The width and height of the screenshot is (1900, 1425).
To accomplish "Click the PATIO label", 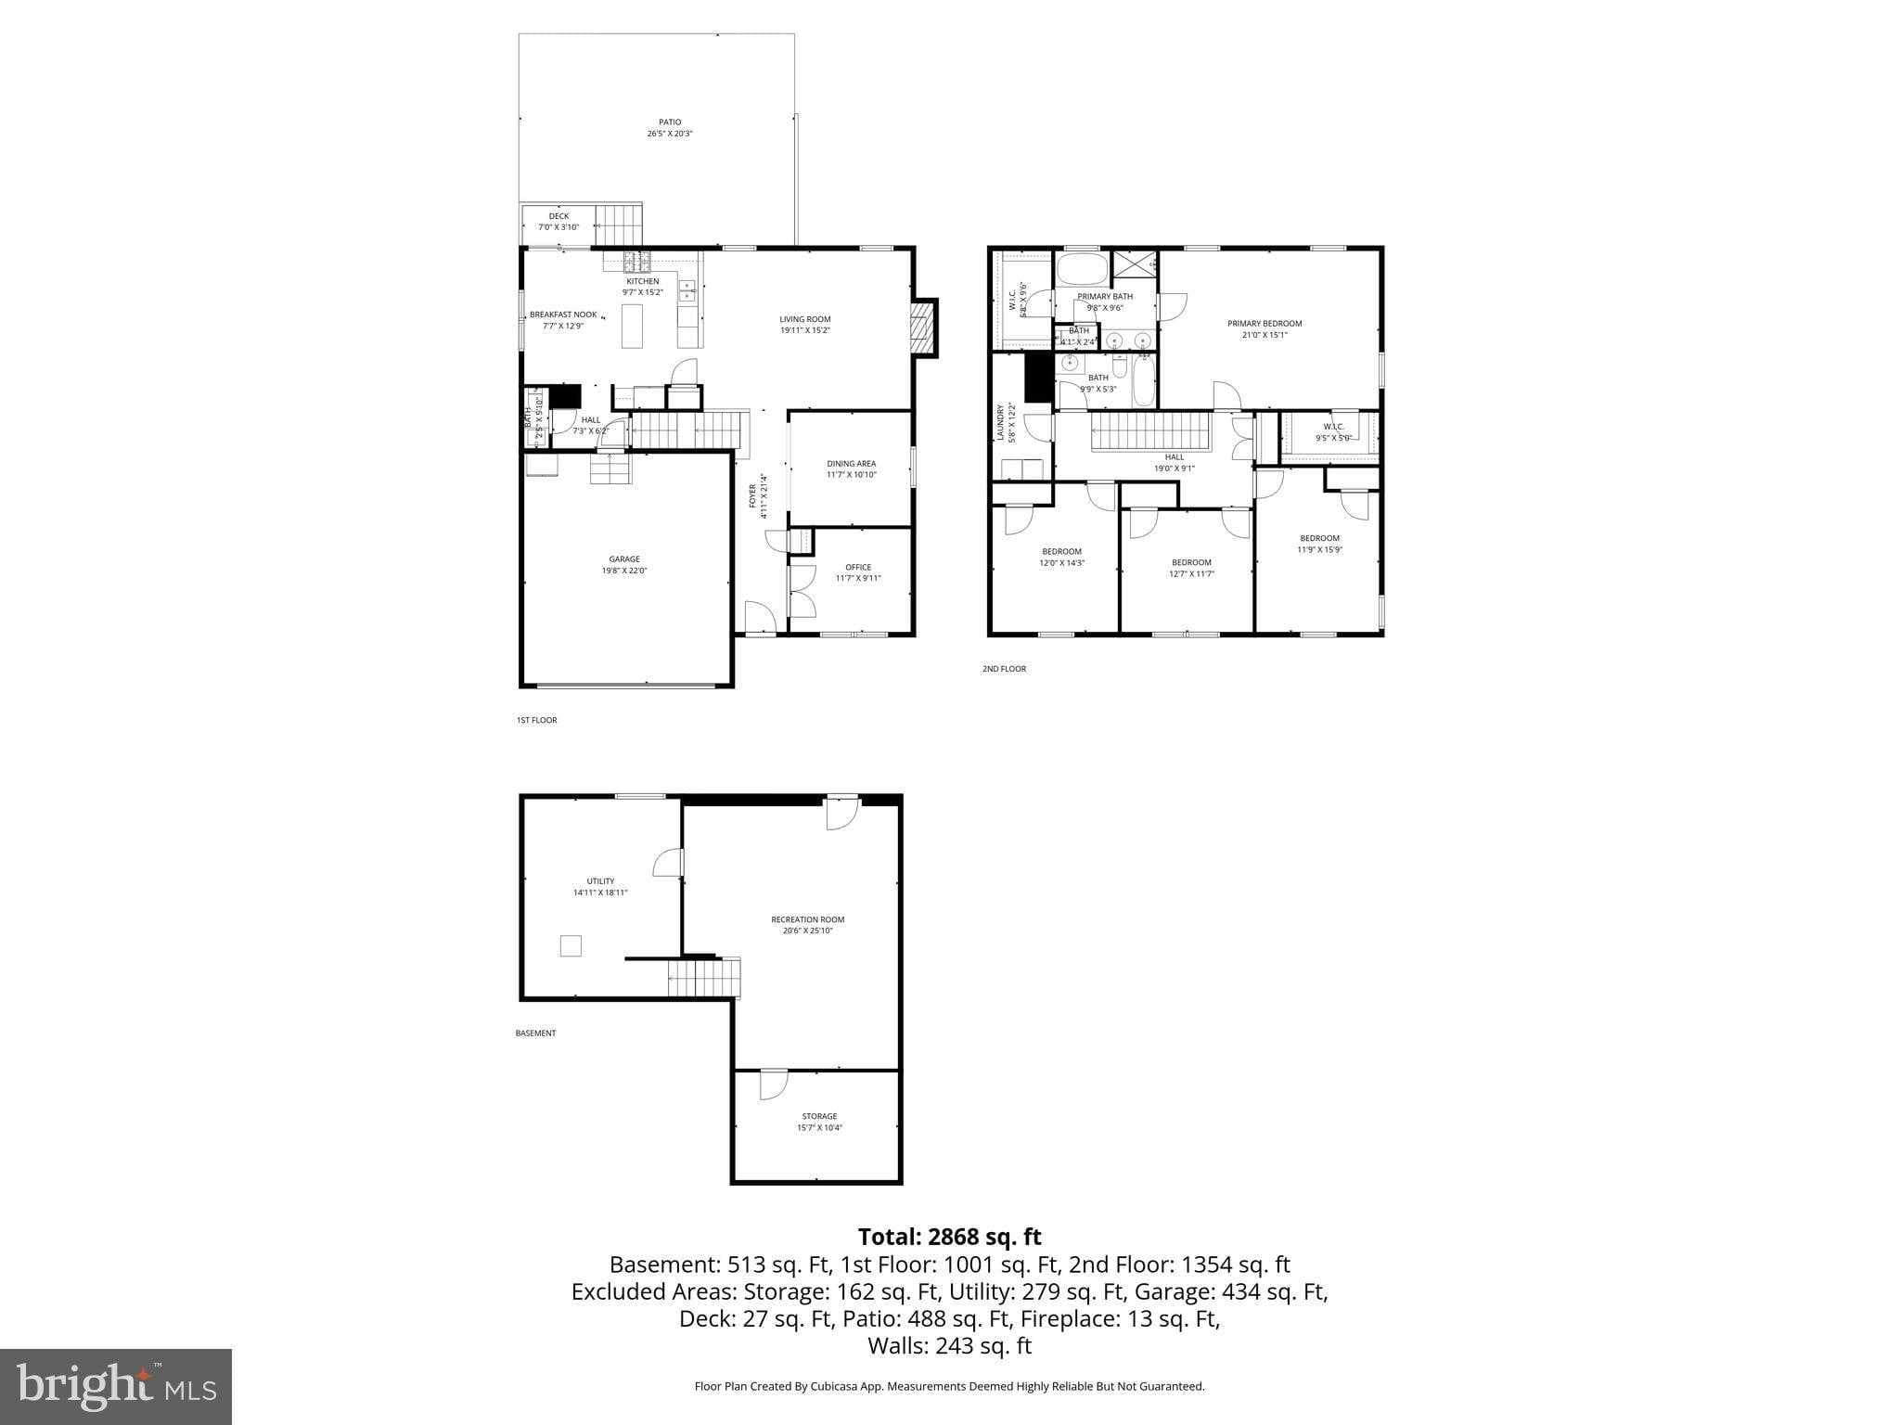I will tap(670, 122).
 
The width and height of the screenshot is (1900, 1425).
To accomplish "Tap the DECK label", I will tap(558, 216).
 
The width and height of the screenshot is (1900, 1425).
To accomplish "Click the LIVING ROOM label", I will tap(804, 319).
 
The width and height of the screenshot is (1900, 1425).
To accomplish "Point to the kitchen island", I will tap(632, 326).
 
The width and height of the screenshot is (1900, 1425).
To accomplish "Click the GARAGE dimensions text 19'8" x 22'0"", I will tap(623, 571).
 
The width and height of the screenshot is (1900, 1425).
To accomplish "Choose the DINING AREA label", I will tap(851, 464).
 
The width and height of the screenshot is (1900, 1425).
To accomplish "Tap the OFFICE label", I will tap(858, 567).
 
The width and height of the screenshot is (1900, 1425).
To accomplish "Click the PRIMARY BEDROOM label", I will tap(1264, 324).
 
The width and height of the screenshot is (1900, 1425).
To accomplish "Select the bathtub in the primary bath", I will tap(1083, 271).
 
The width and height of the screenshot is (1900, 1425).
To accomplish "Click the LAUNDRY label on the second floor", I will tap(1000, 422).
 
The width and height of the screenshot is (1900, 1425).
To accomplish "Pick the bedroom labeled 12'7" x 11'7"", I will tap(1191, 568).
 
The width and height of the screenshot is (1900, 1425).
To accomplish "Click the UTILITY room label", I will tap(600, 881).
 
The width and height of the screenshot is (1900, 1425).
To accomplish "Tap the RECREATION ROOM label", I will tap(807, 919).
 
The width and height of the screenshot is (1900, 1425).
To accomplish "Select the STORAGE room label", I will tap(819, 1116).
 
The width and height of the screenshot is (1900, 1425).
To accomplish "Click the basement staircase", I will tap(705, 978).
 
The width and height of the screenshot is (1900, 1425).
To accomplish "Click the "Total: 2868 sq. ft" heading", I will tap(949, 1237).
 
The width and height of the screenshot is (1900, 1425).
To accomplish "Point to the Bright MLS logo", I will tap(116, 1387).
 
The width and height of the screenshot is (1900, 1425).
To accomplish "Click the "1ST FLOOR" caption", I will tap(536, 720).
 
